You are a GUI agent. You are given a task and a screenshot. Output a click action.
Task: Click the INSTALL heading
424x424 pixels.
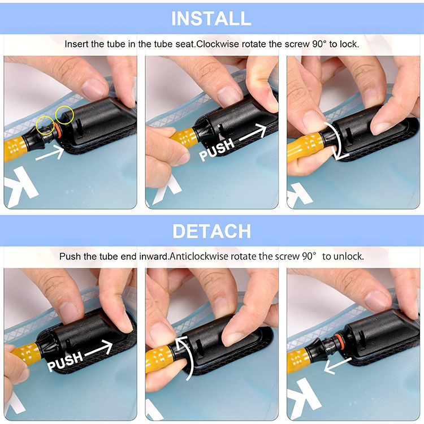coord(211,19)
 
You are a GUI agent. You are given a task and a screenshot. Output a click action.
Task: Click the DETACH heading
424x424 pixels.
coord(212,231)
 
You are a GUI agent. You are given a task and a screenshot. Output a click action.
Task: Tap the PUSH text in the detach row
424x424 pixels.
coord(65,361)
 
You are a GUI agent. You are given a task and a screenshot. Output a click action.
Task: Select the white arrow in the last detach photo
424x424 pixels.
coord(337,365)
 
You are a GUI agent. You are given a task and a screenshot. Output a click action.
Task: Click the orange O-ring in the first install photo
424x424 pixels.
coord(57,130)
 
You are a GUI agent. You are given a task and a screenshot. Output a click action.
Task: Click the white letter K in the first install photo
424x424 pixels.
coord(19,187)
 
